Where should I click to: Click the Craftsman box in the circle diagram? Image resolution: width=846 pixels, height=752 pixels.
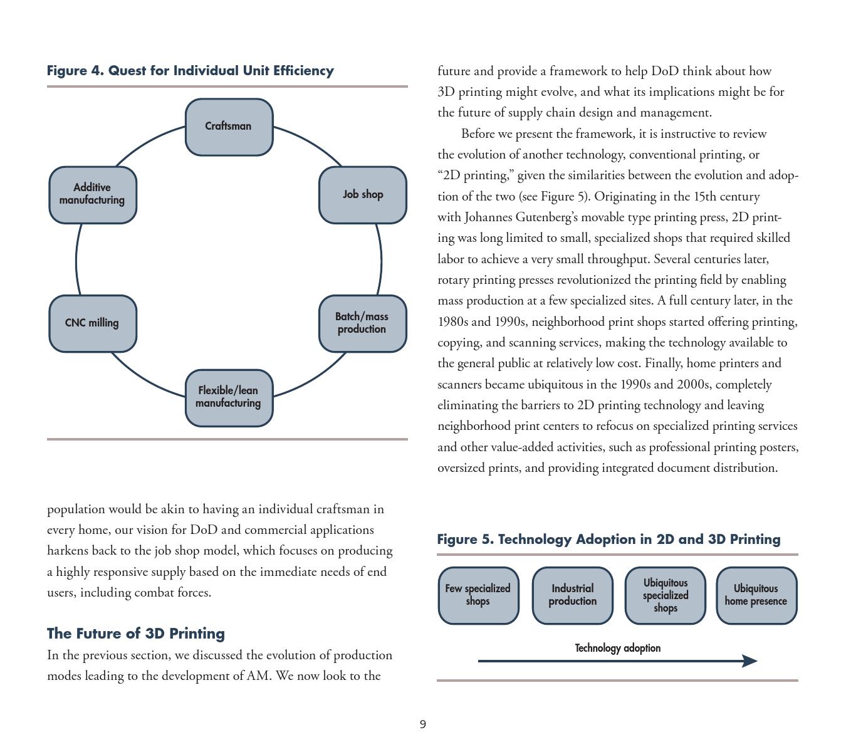(229, 127)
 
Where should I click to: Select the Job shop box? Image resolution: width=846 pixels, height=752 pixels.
(363, 195)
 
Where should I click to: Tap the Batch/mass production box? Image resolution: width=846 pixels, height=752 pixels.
(362, 323)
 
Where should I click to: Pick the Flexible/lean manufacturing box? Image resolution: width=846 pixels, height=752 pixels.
(229, 398)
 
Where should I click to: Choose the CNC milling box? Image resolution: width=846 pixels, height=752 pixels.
(92, 323)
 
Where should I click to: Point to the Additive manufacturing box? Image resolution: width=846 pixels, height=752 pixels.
(92, 195)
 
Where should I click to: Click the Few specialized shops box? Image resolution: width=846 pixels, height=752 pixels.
(478, 595)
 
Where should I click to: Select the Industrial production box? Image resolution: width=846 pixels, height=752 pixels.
(572, 595)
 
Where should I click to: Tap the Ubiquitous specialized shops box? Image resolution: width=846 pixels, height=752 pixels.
(665, 595)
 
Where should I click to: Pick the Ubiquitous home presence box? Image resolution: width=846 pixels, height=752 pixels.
(756, 595)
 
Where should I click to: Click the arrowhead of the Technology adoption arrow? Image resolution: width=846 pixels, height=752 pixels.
(749, 661)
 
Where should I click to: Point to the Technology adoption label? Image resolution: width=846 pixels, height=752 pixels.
(617, 648)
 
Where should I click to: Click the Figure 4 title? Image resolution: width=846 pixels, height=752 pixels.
(191, 71)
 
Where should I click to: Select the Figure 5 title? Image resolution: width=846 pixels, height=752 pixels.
(608, 540)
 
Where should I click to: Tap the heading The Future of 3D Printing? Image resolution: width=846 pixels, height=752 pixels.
(136, 634)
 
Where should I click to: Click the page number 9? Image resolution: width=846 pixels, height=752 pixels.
(423, 724)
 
